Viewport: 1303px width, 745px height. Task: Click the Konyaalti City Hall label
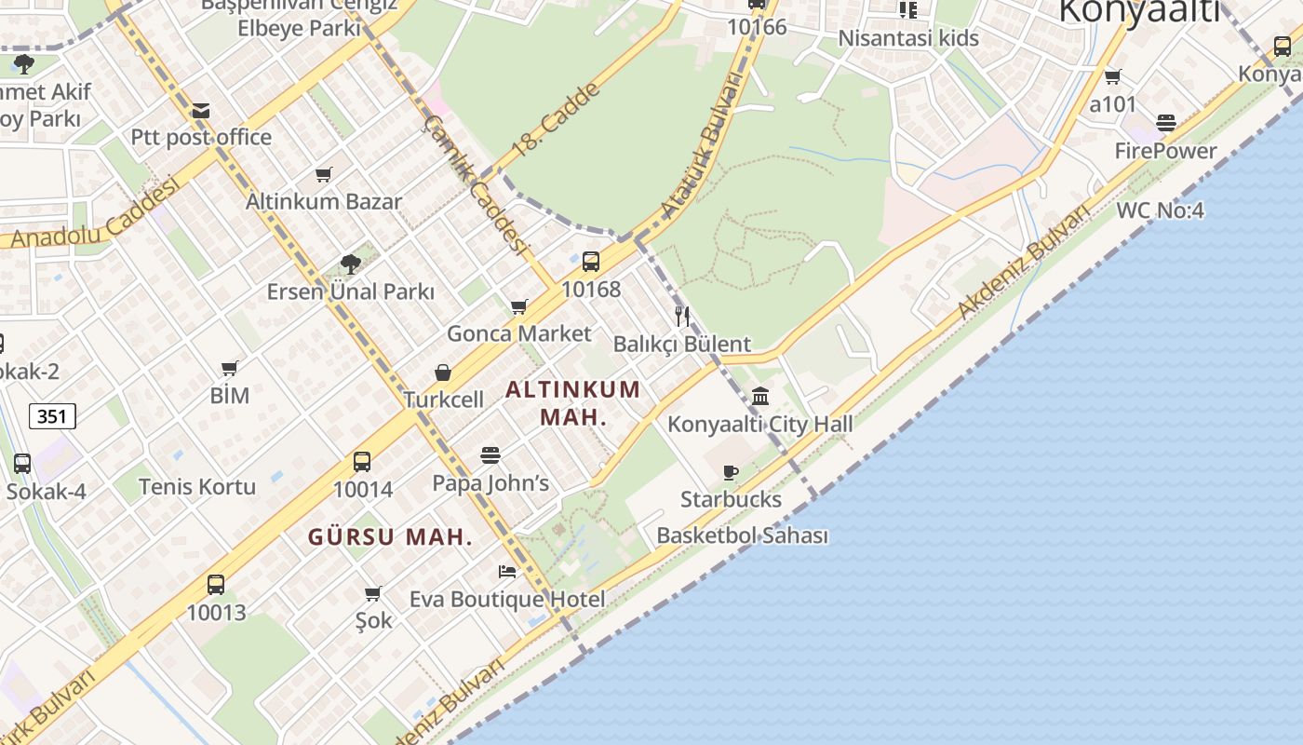pyautogui.click(x=759, y=425)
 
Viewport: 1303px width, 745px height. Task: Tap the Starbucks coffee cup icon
pyautogui.click(x=731, y=473)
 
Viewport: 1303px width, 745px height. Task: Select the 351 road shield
pyautogui.click(x=52, y=416)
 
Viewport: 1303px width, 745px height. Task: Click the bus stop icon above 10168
pyautogui.click(x=591, y=262)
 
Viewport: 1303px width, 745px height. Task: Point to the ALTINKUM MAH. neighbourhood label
pyautogui.click(x=572, y=402)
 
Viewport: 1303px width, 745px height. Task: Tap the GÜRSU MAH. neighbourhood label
pyautogui.click(x=390, y=537)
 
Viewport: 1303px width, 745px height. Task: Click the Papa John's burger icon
pyautogui.click(x=490, y=455)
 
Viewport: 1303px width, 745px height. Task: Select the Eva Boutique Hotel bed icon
pyautogui.click(x=507, y=571)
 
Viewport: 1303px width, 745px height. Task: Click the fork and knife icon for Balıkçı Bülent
pyautogui.click(x=682, y=316)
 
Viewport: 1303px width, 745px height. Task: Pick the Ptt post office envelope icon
pyautogui.click(x=200, y=112)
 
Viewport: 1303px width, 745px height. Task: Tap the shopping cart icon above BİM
pyautogui.click(x=230, y=368)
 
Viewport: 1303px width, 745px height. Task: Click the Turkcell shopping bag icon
pyautogui.click(x=443, y=372)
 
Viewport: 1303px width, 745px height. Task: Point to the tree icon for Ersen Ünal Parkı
pyautogui.click(x=351, y=264)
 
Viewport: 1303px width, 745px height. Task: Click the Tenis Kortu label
pyautogui.click(x=196, y=486)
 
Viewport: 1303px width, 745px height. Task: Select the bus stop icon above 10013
pyautogui.click(x=216, y=585)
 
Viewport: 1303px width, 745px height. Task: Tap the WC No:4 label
pyautogui.click(x=1160, y=210)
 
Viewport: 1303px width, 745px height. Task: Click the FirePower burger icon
pyautogui.click(x=1166, y=123)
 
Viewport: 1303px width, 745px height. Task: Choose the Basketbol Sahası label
pyautogui.click(x=742, y=535)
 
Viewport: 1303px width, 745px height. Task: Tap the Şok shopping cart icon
pyautogui.click(x=373, y=593)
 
